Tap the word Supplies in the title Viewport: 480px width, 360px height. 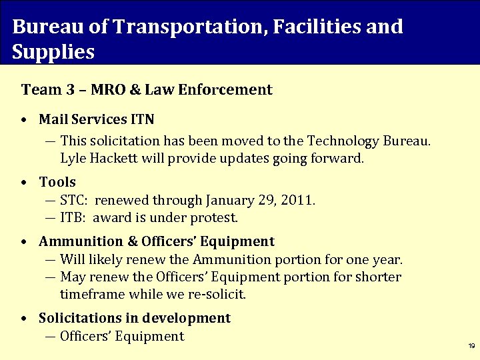[x=53, y=52]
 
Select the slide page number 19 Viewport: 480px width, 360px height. [x=471, y=346]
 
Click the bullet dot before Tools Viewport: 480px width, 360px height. [x=23, y=182]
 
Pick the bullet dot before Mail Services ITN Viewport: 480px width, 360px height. [x=23, y=120]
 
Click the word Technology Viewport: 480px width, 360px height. [x=342, y=141]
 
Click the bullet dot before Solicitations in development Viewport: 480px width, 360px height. [x=23, y=319]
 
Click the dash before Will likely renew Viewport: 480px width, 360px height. [x=51, y=259]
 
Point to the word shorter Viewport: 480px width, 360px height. [x=378, y=277]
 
